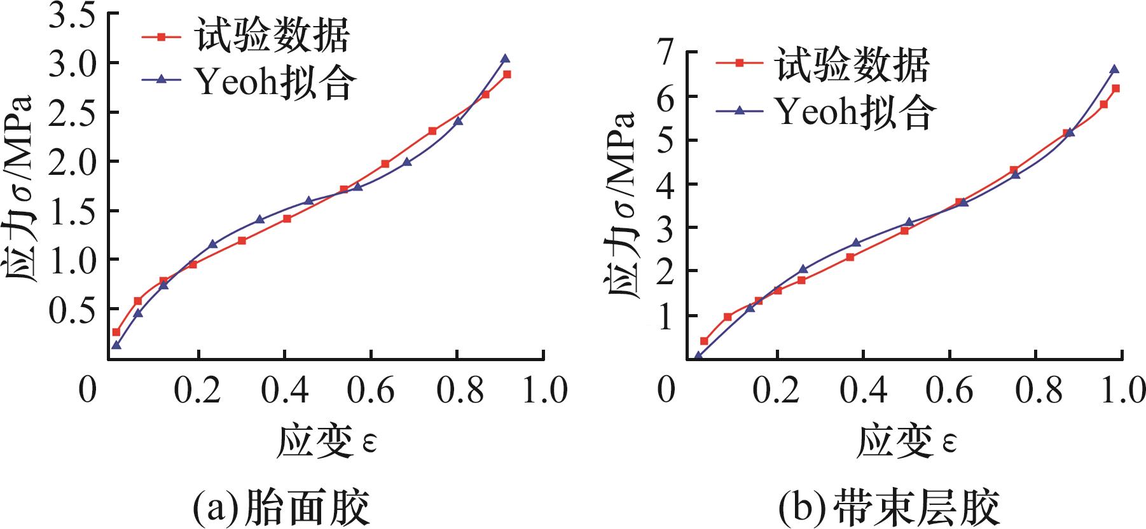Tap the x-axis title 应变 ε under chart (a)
(326, 441)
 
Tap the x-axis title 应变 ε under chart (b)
(907, 441)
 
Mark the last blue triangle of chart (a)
(505, 58)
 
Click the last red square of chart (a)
(507, 74)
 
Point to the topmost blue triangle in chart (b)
(1114, 69)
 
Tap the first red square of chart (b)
(704, 341)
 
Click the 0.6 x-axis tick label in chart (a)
(370, 389)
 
